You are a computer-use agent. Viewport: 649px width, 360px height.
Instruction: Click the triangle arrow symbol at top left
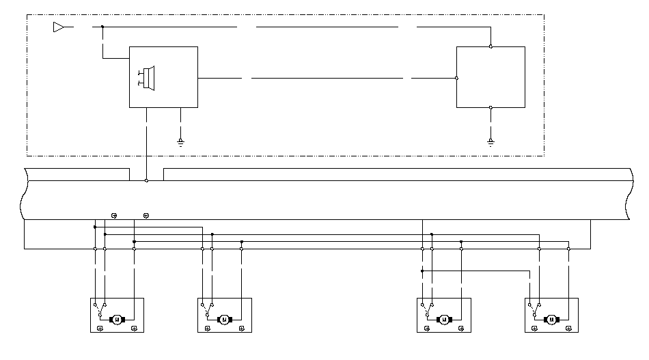(59, 27)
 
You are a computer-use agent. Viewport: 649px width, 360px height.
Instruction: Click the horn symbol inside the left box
(147, 77)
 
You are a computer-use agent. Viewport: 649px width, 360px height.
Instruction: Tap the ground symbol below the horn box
(180, 141)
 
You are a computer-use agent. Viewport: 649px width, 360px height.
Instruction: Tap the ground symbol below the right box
(491, 141)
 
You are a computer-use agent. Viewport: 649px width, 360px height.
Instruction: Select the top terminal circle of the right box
(491, 46)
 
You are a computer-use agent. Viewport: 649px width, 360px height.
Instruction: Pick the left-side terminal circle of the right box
(456, 78)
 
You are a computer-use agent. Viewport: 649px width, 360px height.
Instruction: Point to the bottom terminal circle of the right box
(491, 107)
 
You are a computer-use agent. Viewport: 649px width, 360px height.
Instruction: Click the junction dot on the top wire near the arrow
(102, 27)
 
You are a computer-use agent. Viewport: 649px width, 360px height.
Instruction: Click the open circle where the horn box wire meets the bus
(146, 180)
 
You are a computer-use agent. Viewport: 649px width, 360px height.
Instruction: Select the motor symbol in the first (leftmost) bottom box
(116, 319)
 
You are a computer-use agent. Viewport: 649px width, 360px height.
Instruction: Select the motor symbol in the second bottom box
(223, 319)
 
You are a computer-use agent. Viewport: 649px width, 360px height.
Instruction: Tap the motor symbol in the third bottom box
(444, 319)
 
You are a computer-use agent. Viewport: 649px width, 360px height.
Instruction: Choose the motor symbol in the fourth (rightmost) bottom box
(551, 319)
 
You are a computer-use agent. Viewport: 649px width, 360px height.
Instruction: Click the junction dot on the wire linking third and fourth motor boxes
(422, 271)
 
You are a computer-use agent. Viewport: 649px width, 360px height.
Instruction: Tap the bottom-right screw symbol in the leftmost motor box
(135, 329)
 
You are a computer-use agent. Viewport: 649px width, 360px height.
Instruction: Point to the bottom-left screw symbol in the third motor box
(427, 329)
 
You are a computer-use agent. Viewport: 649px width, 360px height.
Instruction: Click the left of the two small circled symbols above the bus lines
(113, 216)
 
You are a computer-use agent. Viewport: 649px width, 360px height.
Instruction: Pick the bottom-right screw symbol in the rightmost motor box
(570, 329)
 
